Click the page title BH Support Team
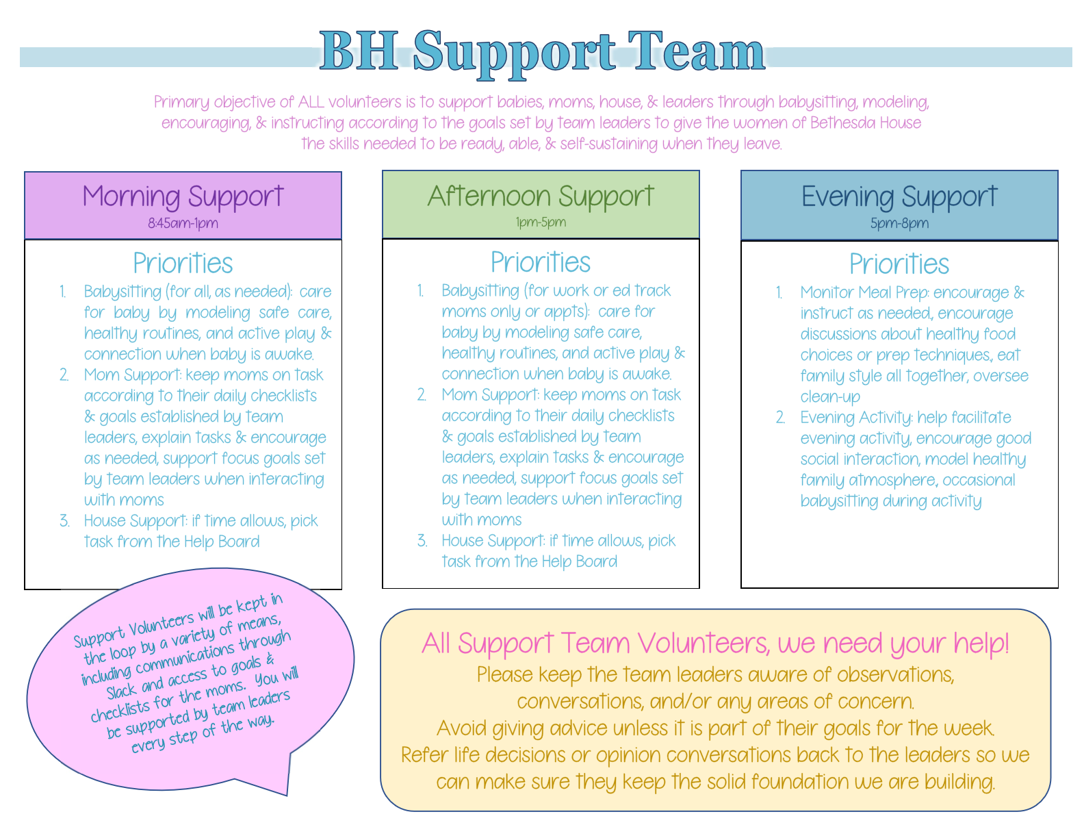(x=541, y=53)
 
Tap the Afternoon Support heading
(x=540, y=196)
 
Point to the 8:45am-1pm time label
(x=183, y=223)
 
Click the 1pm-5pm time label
(x=541, y=222)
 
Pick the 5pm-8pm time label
(x=899, y=223)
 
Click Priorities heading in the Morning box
(x=183, y=263)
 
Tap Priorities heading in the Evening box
(x=899, y=264)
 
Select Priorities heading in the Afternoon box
(x=541, y=262)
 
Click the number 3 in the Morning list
(x=64, y=521)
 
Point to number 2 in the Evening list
(x=780, y=417)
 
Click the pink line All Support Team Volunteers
(x=715, y=643)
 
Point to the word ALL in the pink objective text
(x=311, y=102)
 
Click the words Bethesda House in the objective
(x=866, y=123)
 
